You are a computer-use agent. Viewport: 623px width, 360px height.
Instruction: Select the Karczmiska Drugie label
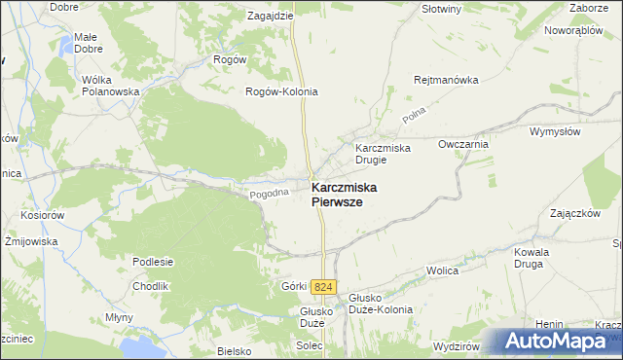pos(383,154)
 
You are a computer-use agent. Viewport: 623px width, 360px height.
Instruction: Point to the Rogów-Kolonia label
pos(281,91)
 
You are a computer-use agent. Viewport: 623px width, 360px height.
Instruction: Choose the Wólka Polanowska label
pos(112,86)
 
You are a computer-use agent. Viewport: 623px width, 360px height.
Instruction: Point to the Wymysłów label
pos(555,130)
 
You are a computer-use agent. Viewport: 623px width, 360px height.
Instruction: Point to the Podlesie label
pos(154,261)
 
